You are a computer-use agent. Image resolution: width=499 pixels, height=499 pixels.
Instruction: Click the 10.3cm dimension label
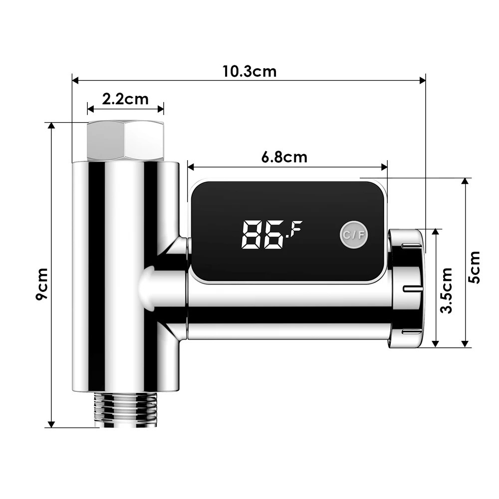(x=249, y=71)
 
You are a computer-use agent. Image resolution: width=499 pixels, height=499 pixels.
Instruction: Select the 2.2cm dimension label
(x=125, y=99)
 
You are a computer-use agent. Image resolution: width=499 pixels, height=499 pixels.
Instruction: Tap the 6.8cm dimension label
(x=284, y=157)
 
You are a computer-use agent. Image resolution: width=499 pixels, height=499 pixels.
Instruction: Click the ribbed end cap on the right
(x=407, y=289)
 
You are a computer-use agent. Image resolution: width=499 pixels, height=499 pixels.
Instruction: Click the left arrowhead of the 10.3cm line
(x=75, y=79)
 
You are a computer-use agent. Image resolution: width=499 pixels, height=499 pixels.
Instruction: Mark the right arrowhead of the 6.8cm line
(x=385, y=167)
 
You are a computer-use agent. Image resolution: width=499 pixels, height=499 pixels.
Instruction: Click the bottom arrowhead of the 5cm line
(x=465, y=344)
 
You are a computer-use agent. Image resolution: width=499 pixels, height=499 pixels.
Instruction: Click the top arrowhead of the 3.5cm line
(x=436, y=233)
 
